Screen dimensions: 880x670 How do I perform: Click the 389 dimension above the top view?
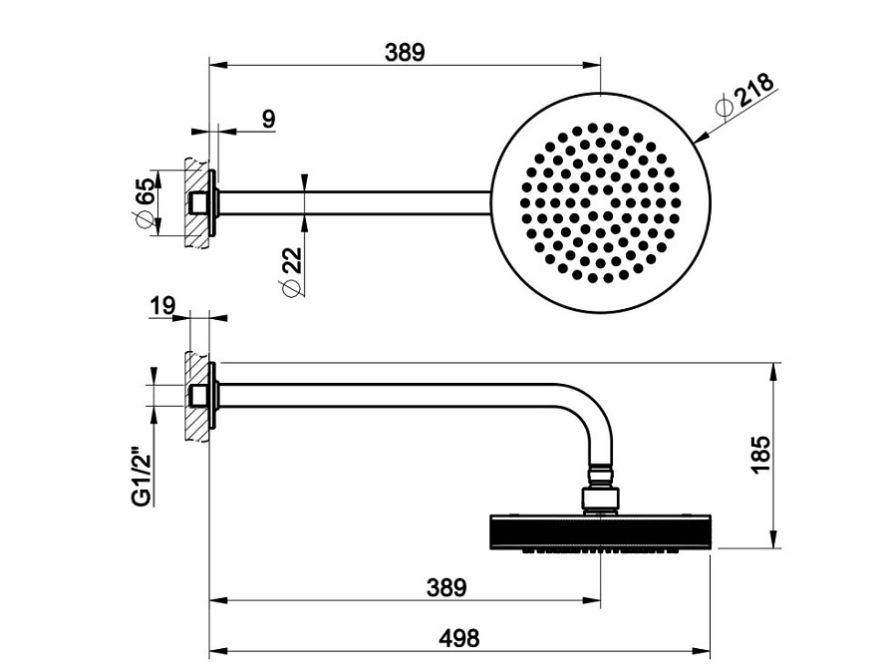[405, 53]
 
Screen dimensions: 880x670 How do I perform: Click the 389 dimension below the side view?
[446, 588]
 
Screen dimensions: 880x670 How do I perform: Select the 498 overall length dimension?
[459, 638]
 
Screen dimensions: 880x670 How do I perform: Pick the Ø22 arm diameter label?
[291, 271]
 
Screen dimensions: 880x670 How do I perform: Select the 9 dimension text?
[269, 119]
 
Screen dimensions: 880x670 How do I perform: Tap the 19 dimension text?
[162, 306]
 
